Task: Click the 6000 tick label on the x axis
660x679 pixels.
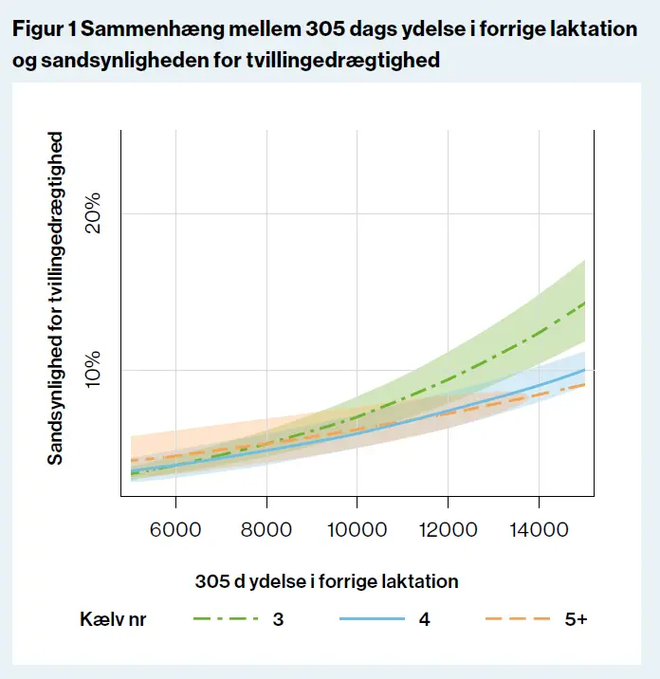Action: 175,530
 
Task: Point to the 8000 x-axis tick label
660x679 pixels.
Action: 266,530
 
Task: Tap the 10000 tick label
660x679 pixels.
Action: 357,530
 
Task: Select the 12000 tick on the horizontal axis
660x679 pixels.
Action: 448,530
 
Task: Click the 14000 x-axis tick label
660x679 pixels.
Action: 539,530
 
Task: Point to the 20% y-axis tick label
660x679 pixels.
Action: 92,214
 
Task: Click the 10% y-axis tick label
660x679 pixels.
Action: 92,370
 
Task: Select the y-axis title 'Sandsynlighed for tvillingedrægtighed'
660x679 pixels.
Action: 56,298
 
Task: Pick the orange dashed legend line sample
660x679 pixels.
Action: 517,619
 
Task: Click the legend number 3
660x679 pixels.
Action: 279,619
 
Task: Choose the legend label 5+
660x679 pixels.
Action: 575,619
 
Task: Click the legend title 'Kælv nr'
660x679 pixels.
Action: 113,619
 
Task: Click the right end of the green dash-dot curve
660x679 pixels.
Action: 584,303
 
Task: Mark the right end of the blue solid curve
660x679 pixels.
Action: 584,370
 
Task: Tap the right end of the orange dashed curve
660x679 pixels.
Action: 584,384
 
